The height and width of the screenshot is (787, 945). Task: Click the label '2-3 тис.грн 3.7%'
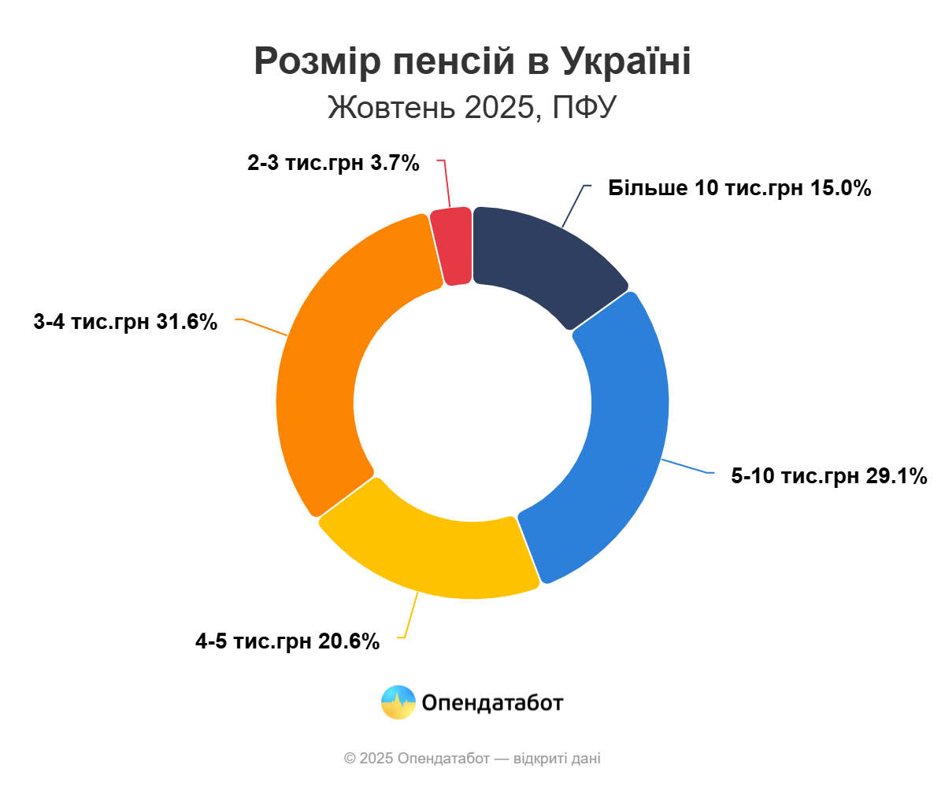click(x=333, y=163)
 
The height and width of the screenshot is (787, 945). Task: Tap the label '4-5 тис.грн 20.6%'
click(x=287, y=641)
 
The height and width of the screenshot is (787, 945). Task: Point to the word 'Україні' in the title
click(x=626, y=61)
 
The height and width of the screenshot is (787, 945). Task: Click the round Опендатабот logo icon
click(x=398, y=702)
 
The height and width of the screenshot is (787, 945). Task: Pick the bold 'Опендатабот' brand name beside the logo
click(x=492, y=702)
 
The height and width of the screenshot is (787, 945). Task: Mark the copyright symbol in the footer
click(x=350, y=759)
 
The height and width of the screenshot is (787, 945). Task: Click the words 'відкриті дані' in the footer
click(x=557, y=759)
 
